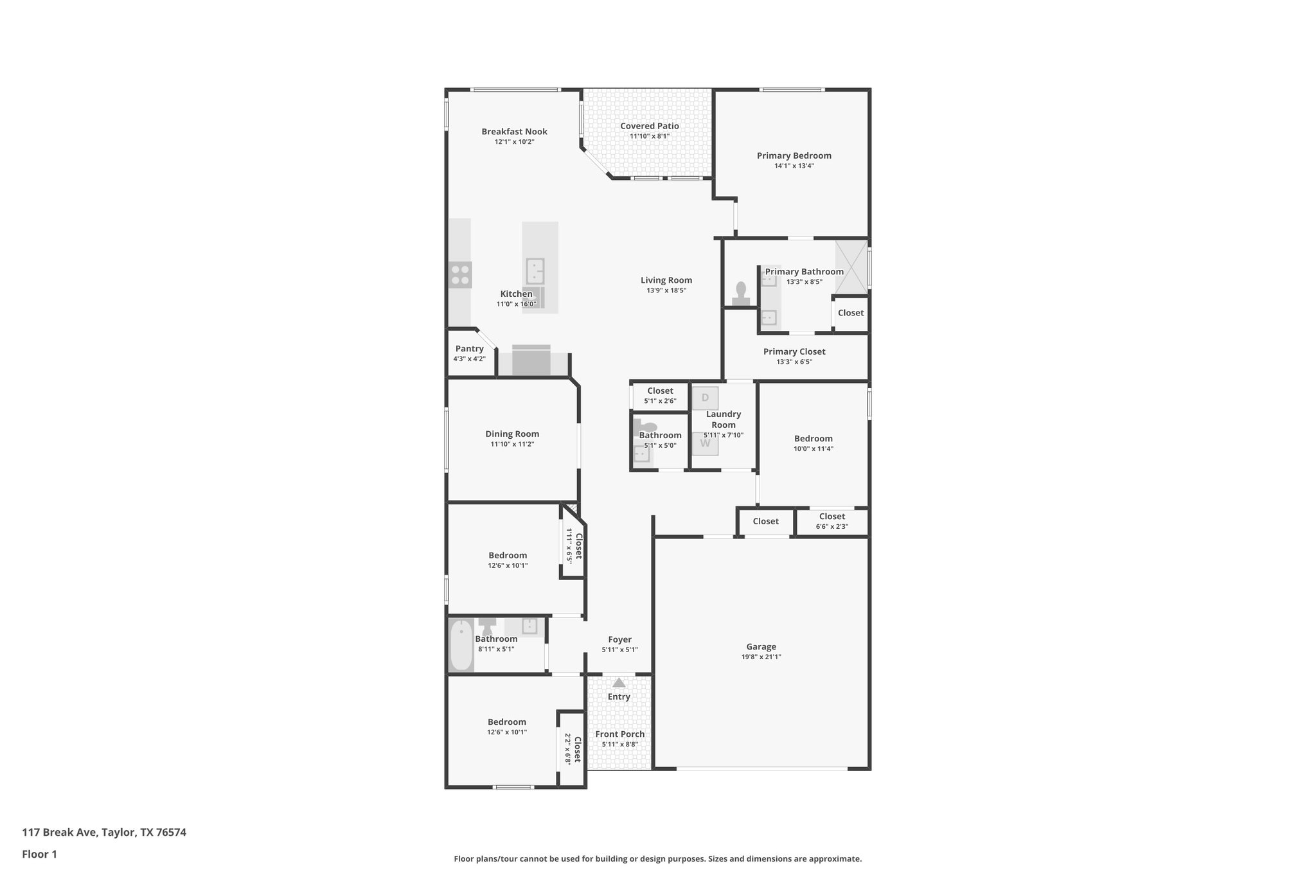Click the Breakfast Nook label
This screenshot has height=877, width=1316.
514,132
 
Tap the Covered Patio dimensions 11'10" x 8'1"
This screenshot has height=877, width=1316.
649,136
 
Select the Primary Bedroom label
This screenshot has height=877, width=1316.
794,155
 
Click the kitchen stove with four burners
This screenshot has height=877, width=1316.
460,275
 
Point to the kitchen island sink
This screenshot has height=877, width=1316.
535,271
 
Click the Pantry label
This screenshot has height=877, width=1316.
469,349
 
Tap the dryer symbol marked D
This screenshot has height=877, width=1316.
705,398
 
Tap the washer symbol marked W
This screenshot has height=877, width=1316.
705,443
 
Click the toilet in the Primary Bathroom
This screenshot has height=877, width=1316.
741,293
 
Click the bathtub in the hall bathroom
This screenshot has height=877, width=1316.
460,644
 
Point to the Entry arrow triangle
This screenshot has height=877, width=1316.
619,683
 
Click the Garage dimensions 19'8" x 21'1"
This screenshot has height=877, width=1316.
761,657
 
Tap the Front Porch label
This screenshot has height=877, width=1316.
619,734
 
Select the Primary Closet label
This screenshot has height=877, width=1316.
794,351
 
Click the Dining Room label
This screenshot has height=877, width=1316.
512,434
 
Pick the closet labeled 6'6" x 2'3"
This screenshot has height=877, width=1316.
831,521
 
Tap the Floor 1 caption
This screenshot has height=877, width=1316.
40,854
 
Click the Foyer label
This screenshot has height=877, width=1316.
619,640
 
